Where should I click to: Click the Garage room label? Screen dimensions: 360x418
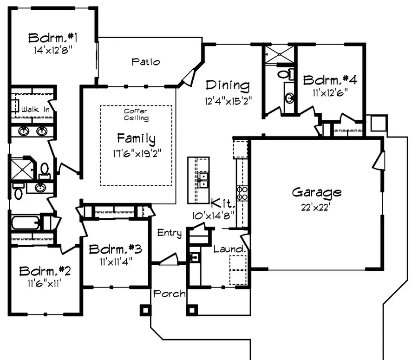(316, 192)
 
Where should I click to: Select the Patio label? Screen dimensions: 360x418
(145, 61)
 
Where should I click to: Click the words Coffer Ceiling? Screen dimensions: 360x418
(136, 115)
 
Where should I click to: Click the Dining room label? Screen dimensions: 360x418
(228, 85)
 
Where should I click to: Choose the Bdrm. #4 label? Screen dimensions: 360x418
(330, 79)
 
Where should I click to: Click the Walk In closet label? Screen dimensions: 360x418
(33, 110)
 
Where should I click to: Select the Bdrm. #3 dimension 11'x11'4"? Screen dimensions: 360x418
(115, 261)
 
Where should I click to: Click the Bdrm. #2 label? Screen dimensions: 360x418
(45, 270)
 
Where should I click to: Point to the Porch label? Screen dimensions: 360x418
(170, 294)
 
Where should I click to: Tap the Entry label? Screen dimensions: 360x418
(169, 233)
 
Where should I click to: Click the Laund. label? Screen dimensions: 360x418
(229, 249)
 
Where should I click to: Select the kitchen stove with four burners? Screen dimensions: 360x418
(242, 192)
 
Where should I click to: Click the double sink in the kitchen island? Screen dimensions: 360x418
(203, 180)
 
